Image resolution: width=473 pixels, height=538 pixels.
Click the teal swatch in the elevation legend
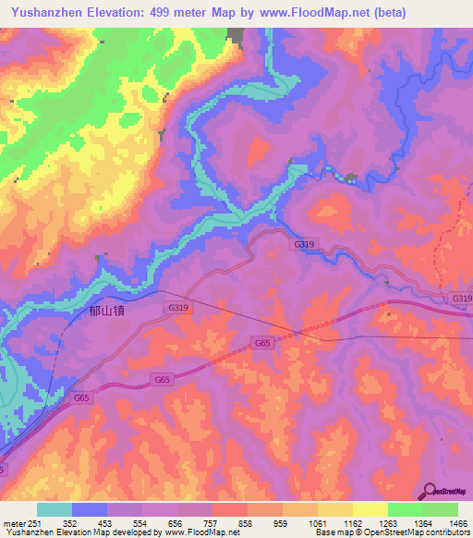tap(55, 509)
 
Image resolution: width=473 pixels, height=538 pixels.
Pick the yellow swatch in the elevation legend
tap(370, 509)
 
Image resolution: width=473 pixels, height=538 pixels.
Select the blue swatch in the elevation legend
tap(90, 509)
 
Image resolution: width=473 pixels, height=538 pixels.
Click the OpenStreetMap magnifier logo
tap(431, 491)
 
